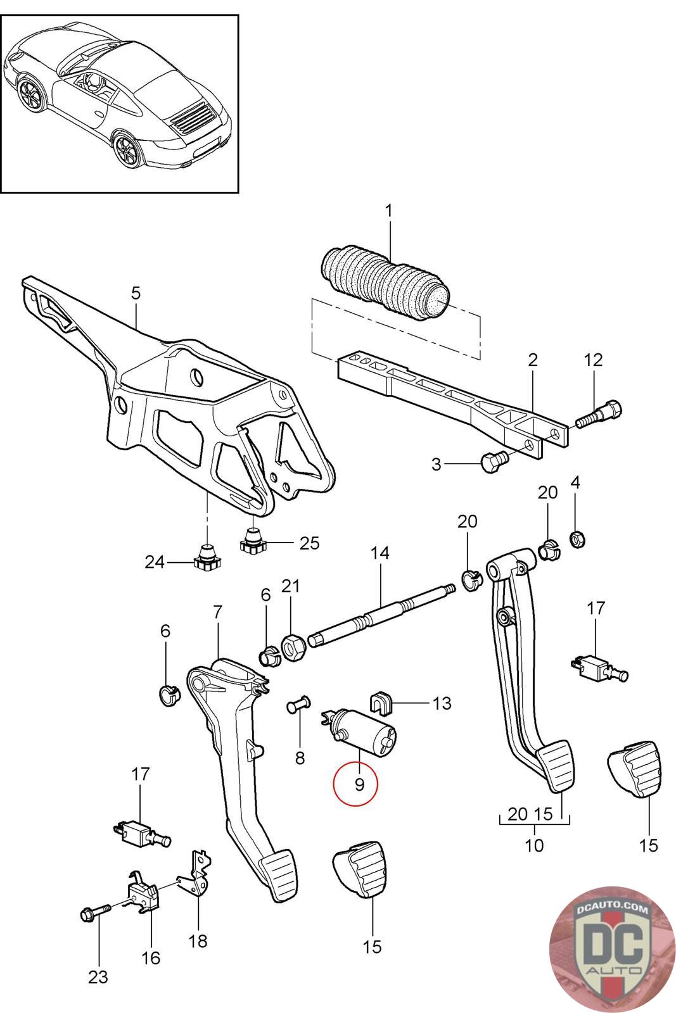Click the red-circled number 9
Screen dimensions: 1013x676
[359, 784]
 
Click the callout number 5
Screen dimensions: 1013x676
[136, 293]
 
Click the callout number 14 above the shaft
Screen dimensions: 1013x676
[379, 553]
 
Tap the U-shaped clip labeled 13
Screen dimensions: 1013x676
[382, 700]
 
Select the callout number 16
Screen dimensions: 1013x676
[151, 957]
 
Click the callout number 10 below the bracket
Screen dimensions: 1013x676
[534, 845]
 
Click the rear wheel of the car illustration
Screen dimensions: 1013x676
[129, 148]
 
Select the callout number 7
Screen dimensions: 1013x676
[217, 612]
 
